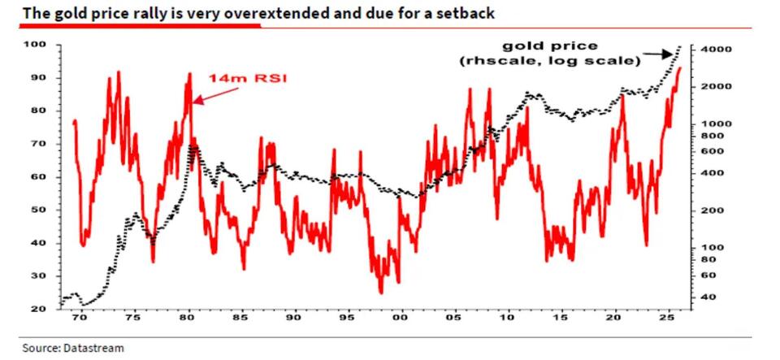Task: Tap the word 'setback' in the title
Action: coord(466,14)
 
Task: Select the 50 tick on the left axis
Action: coord(38,210)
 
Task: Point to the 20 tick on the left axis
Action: coord(38,310)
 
